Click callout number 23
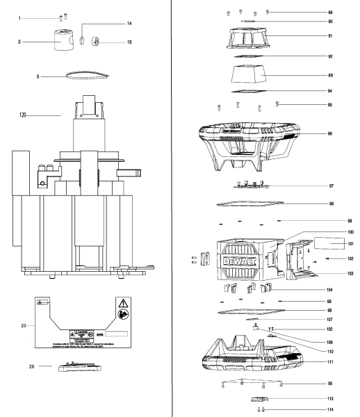coord(24,325)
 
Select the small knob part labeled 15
coord(98,42)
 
